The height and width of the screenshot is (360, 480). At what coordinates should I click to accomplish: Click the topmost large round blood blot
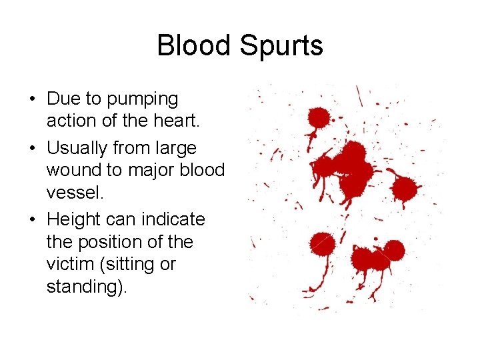click(318, 119)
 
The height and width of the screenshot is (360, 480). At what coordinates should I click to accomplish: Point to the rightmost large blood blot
click(404, 189)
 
